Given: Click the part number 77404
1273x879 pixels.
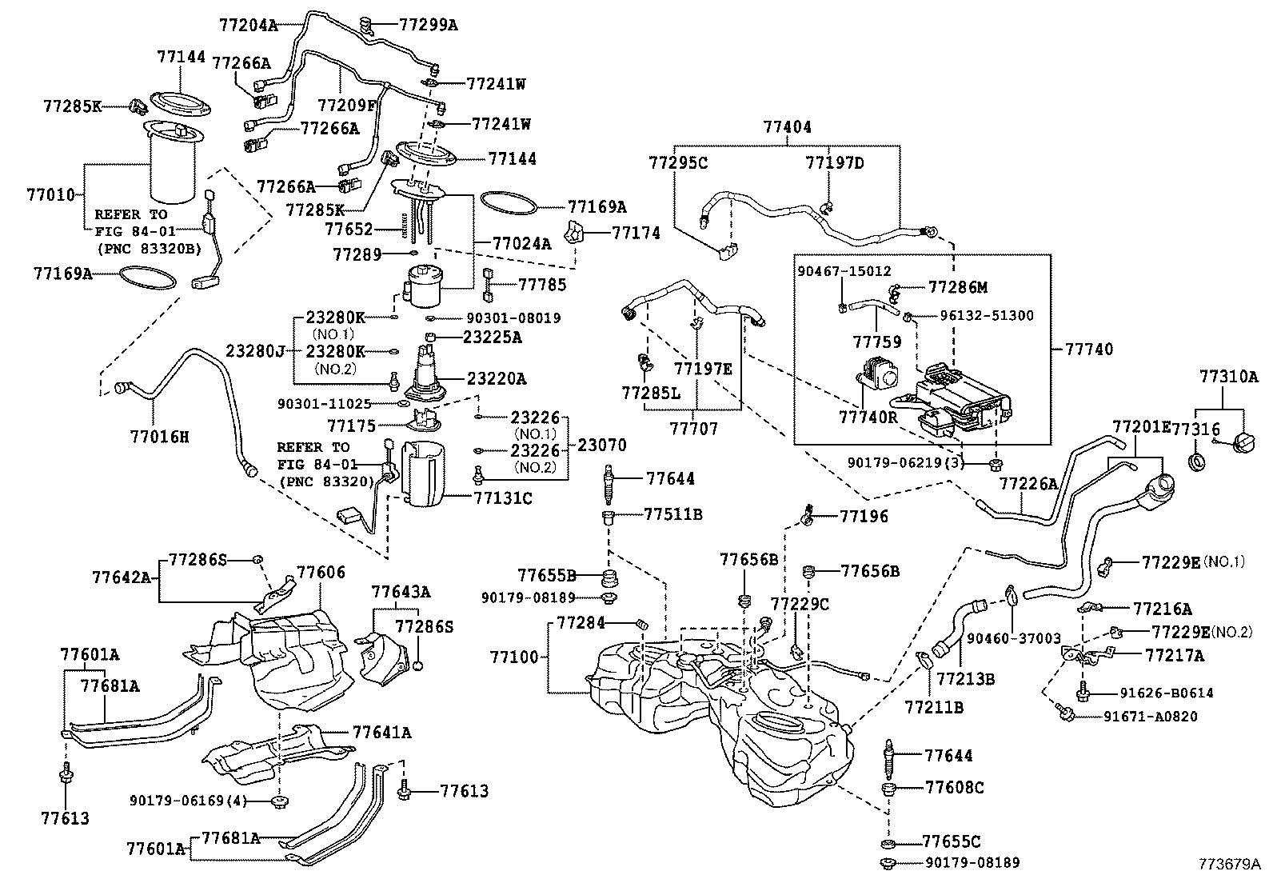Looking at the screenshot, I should [x=787, y=127].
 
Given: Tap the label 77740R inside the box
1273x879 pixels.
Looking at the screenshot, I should [x=868, y=417].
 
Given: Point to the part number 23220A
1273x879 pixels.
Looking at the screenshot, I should [x=496, y=378].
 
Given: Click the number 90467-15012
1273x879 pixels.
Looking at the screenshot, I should [x=844, y=272].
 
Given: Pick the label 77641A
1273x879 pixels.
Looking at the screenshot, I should [x=381, y=732].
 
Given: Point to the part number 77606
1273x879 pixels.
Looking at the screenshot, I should [x=321, y=572].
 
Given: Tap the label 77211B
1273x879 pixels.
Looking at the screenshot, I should [x=934, y=707].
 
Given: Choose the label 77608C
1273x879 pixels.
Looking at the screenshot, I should [x=954, y=788].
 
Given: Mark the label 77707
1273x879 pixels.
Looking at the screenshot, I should [x=694, y=429].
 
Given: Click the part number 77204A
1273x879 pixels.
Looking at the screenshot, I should [x=248, y=25].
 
